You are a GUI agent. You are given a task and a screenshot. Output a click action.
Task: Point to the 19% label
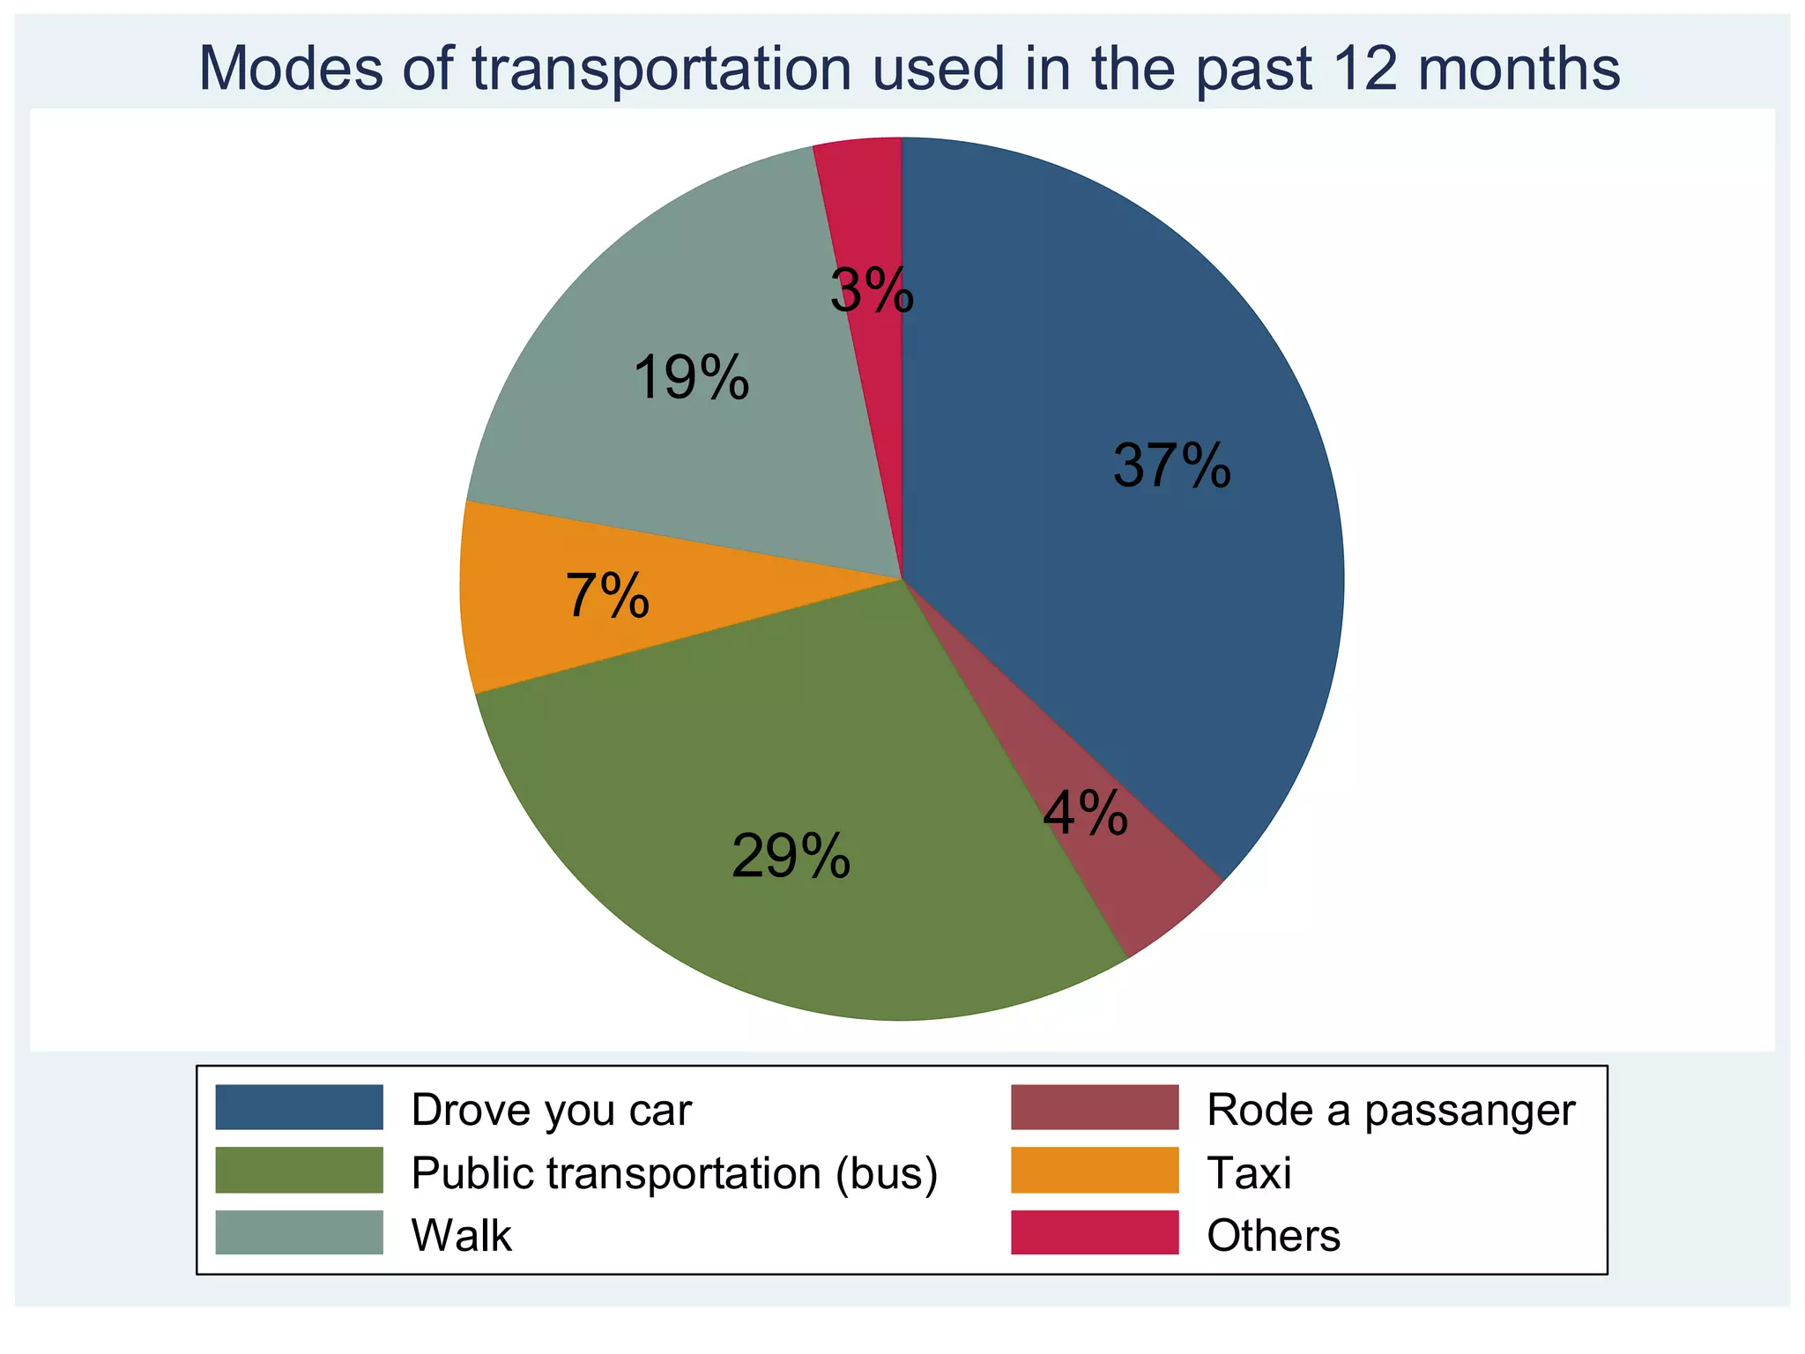(x=691, y=378)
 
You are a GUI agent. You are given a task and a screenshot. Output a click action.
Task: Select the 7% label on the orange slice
(x=607, y=596)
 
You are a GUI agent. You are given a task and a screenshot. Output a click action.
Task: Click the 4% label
(x=1085, y=813)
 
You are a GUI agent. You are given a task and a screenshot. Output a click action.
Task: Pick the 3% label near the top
(x=872, y=291)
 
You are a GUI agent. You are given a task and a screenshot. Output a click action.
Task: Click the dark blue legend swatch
(x=300, y=1107)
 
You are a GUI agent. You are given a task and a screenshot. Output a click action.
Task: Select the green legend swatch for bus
(x=300, y=1170)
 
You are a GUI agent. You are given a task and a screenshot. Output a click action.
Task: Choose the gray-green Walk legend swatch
(x=300, y=1232)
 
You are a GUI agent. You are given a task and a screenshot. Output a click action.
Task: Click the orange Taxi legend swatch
(x=1095, y=1170)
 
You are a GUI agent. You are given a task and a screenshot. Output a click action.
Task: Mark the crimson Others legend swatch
(x=1095, y=1232)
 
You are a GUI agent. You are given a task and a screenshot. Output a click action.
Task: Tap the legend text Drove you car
(x=552, y=1110)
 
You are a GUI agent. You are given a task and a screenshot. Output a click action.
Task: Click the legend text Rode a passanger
(x=1391, y=1110)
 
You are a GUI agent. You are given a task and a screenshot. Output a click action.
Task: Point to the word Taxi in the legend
(x=1249, y=1173)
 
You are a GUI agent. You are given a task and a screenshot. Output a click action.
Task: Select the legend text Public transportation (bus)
(x=674, y=1173)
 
